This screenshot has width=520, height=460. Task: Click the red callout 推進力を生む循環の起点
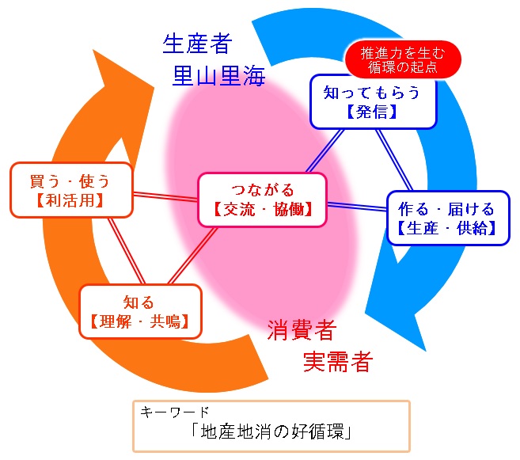pos(403,60)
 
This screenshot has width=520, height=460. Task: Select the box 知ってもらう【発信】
pos(372,102)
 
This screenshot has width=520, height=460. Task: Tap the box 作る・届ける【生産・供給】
pos(447,219)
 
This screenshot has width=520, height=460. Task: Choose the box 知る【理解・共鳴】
pos(140,311)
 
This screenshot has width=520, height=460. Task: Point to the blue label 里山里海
pos(218,76)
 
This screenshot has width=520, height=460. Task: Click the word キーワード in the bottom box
pos(175,412)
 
